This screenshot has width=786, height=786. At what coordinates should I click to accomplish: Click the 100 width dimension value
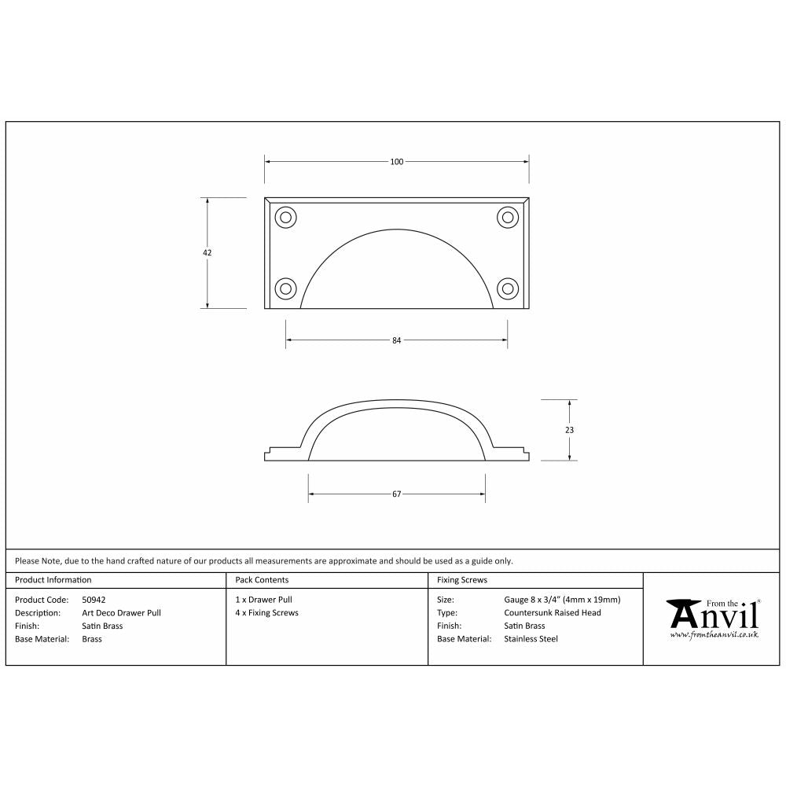click(x=396, y=162)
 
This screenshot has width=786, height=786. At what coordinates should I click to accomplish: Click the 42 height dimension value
click(x=208, y=253)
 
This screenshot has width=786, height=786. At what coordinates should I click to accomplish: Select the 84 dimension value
click(x=396, y=340)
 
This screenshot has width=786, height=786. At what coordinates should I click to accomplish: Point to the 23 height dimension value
click(x=569, y=430)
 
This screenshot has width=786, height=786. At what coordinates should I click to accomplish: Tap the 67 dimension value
click(x=396, y=494)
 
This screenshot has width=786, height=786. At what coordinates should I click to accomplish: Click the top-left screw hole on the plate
click(x=285, y=217)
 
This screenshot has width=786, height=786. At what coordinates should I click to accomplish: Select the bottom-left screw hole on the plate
click(x=285, y=288)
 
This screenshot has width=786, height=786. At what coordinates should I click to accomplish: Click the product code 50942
click(x=94, y=600)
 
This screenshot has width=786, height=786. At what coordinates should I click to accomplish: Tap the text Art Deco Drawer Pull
click(x=121, y=613)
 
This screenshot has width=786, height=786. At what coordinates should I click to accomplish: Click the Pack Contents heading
click(x=262, y=580)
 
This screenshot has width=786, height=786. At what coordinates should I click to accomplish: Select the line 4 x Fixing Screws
click(x=266, y=613)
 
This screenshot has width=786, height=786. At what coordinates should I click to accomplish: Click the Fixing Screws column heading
click(x=461, y=580)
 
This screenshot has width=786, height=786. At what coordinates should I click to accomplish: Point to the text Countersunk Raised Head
click(x=552, y=613)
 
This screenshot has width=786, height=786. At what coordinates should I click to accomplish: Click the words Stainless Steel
click(x=531, y=639)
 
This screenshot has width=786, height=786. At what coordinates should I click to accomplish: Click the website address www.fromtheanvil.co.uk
click(x=714, y=634)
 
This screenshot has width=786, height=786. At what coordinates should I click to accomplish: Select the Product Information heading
click(x=53, y=580)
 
